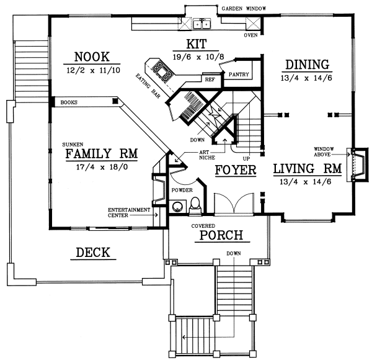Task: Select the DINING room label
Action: coord(306,64)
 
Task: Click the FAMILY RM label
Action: coord(101,153)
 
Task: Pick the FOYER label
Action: coord(235,169)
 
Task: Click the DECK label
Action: coord(92,252)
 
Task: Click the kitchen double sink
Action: coord(202,25)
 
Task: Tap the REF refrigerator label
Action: coord(209,79)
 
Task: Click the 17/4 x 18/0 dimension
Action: coord(101,168)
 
